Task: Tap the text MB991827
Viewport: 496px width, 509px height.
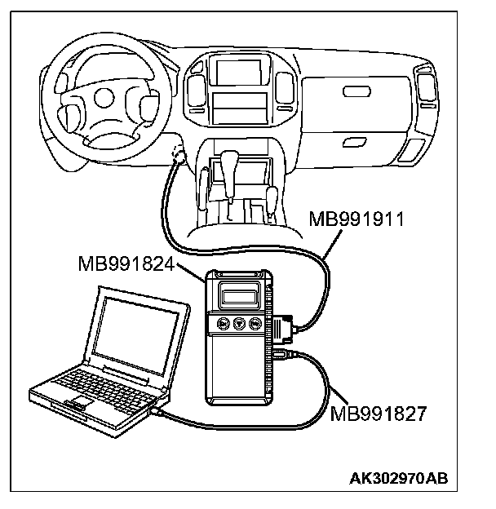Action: tap(378, 413)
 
